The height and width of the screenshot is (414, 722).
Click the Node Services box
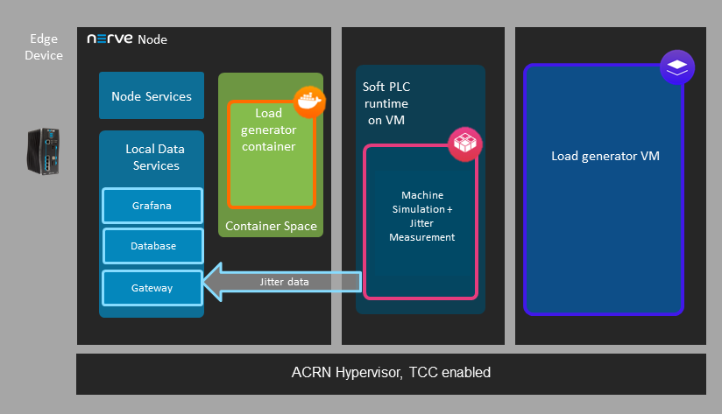tap(152, 96)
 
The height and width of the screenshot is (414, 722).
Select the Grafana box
tap(152, 206)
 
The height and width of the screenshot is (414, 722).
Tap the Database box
tap(152, 246)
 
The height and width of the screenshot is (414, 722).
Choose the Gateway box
tap(152, 287)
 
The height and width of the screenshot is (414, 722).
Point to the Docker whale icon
tap(309, 101)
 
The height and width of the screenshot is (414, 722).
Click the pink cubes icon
tap(465, 144)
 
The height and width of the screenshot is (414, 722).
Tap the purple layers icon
tap(677, 67)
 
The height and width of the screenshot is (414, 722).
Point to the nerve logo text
tap(109, 39)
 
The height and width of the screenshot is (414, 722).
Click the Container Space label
tap(271, 227)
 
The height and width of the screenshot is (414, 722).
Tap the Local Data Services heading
tap(152, 158)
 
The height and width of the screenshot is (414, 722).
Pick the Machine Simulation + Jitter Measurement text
tap(421, 215)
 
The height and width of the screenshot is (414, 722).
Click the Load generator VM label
tap(605, 156)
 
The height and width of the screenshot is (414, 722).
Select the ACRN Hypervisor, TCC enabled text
tap(391, 373)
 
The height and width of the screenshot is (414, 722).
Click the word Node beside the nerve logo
tap(152, 39)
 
